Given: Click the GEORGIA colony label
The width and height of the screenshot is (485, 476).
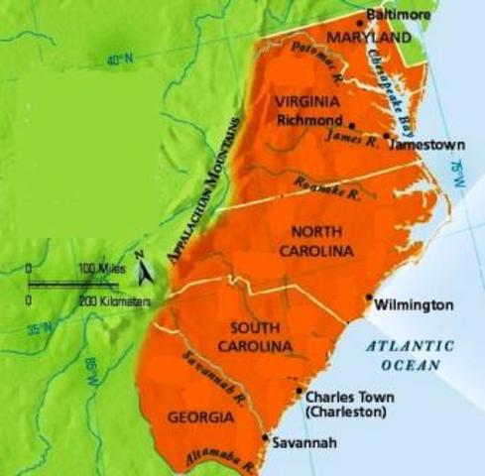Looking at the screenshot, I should click(201, 417).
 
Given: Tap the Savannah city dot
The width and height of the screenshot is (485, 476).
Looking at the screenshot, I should click(264, 437).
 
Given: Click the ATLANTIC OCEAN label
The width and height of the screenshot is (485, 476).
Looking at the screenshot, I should click(408, 355).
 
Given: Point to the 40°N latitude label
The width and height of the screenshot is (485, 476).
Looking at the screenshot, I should click(120, 60).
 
